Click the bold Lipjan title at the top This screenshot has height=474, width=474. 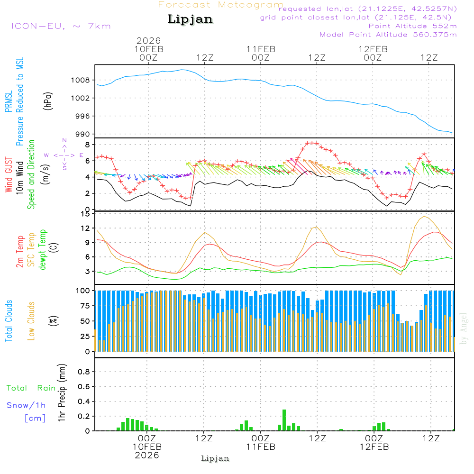(x=190, y=19)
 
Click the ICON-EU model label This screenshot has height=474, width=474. (x=61, y=26)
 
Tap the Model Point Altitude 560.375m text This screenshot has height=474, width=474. (x=388, y=35)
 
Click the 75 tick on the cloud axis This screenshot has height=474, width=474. (x=84, y=306)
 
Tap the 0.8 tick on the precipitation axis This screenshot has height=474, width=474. (x=84, y=372)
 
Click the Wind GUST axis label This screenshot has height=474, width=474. (x=9, y=171)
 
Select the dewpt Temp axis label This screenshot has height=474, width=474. (x=43, y=250)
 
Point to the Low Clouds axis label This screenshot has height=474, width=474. (x=32, y=320)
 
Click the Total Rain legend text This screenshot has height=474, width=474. (x=31, y=388)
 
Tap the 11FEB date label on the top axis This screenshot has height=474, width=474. (x=261, y=49)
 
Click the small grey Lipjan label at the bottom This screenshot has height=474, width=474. (x=215, y=458)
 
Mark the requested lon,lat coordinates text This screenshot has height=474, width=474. (x=367, y=9)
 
